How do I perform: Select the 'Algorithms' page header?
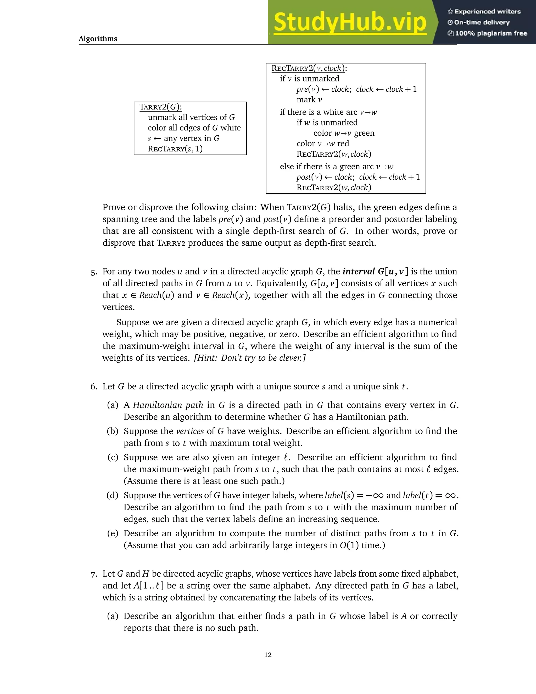[98, 39]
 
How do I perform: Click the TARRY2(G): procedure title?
[161, 107]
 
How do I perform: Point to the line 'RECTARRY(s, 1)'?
[175, 149]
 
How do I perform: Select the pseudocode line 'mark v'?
[309, 100]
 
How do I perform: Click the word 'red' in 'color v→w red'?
[343, 144]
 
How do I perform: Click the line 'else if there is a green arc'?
[336, 167]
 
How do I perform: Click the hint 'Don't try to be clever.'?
[250, 358]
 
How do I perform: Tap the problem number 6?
[93, 387]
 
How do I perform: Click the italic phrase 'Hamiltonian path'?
[168, 405]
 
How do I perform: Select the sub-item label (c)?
[113, 457]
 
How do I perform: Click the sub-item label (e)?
[113, 533]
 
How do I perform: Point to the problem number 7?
[93, 574]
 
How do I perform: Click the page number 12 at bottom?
[268, 655]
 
